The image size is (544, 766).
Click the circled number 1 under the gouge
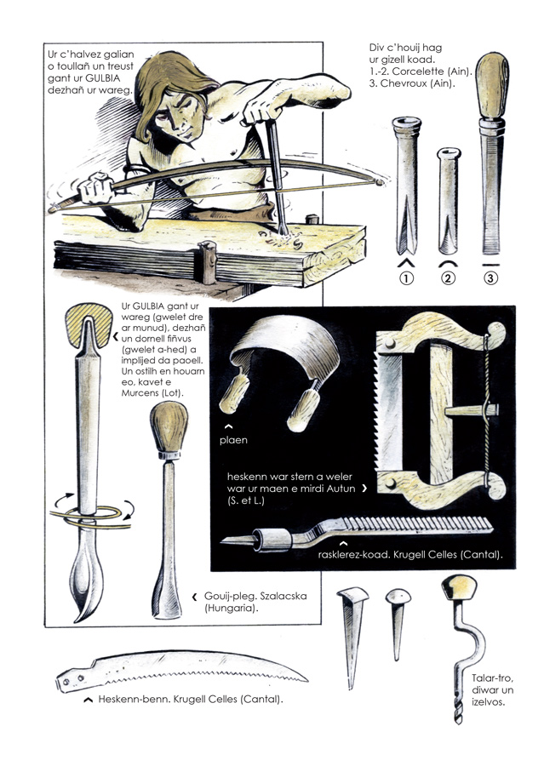point(406,278)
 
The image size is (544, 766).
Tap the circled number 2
point(448,278)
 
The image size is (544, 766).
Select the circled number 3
point(490,278)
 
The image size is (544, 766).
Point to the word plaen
point(233,440)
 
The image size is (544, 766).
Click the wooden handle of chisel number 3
point(492,86)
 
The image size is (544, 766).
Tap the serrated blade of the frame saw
point(388,411)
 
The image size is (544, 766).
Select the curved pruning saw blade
point(180,668)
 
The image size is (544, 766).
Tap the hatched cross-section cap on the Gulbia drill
point(89,324)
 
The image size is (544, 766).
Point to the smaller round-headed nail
point(398,624)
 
